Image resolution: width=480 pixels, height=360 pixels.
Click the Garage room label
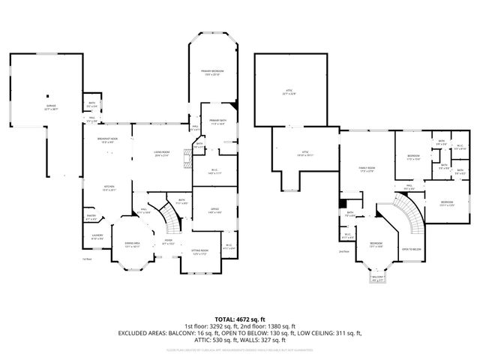coord(50,108)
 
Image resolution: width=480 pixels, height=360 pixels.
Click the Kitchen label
coord(109,187)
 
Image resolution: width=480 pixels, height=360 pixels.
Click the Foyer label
coord(169,242)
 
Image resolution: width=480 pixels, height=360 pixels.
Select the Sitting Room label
coord(199,251)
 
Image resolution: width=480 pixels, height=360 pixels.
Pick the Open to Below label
coord(409,250)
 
